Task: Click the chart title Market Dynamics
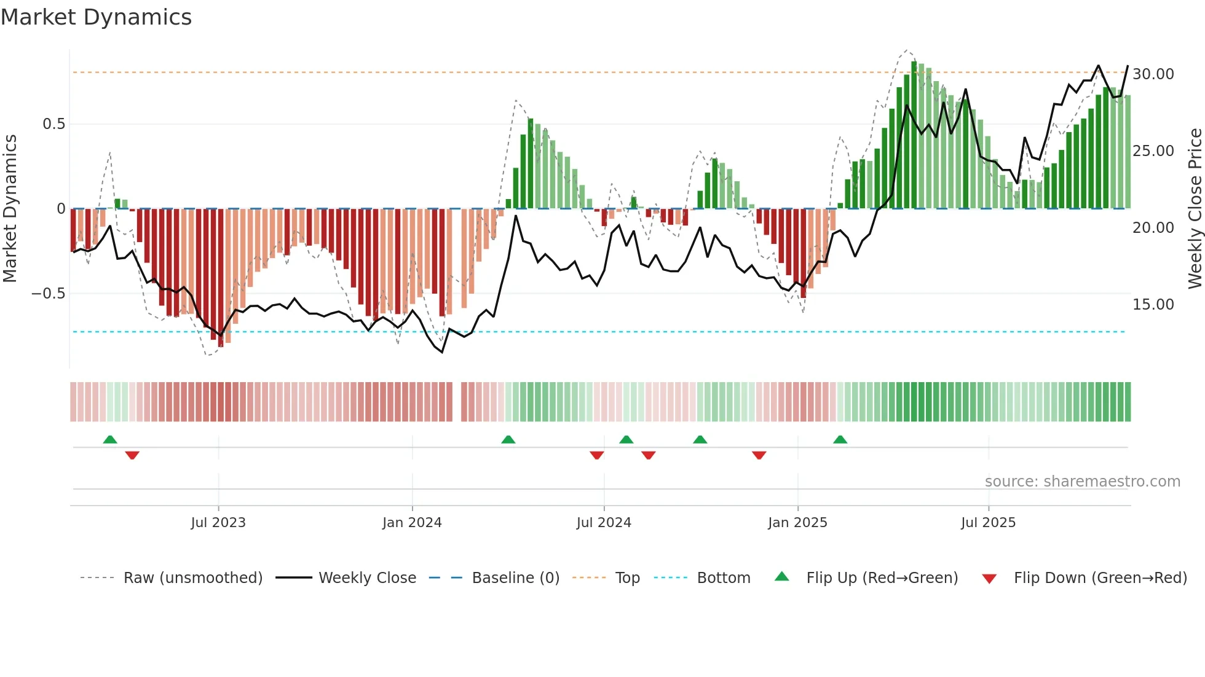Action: [x=96, y=17]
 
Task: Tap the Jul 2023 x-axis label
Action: [x=218, y=523]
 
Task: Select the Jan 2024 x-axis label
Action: [x=412, y=523]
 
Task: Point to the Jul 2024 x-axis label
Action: [x=604, y=523]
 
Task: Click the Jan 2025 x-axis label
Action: [x=797, y=523]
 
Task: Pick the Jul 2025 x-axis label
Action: [x=988, y=523]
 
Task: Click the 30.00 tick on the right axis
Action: [x=1153, y=74]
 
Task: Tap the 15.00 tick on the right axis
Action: [x=1153, y=305]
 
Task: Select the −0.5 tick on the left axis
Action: [x=48, y=294]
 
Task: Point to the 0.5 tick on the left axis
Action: [x=53, y=124]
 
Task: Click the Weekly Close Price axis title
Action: [x=1195, y=209]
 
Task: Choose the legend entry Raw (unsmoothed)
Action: [x=192, y=578]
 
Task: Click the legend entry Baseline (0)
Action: [x=515, y=578]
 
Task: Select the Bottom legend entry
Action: [x=723, y=578]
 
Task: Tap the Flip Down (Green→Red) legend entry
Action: [x=1100, y=578]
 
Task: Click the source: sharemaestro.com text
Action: [x=1082, y=482]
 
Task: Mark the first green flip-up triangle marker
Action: [x=110, y=439]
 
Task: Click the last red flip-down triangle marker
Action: [x=759, y=455]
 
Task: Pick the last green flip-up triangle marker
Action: [x=840, y=439]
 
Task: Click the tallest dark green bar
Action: [x=914, y=135]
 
